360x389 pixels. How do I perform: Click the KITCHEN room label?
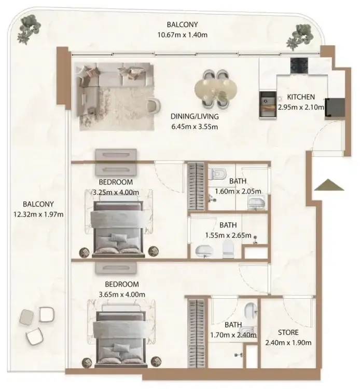[301, 97]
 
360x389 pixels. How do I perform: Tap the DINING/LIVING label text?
[195, 116]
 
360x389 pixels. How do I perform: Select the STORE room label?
[288, 332]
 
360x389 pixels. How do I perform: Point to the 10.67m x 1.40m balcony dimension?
[183, 35]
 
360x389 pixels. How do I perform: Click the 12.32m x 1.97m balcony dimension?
[38, 214]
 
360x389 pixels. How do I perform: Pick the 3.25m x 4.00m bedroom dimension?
[116, 192]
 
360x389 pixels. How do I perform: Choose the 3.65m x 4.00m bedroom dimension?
[122, 294]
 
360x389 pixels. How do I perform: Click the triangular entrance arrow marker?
[329, 185]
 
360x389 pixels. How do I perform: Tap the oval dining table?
[216, 89]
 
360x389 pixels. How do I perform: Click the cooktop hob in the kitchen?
[299, 65]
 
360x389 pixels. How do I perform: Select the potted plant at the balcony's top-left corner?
[29, 29]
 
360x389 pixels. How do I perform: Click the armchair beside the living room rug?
[154, 105]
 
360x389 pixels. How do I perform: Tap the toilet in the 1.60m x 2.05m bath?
[217, 173]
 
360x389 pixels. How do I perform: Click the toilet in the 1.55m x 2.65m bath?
[228, 248]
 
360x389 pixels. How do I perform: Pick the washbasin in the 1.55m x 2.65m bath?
[203, 251]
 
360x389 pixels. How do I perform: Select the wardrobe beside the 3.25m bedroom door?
[196, 186]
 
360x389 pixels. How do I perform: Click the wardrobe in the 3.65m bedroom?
[196, 333]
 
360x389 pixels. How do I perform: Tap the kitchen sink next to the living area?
[268, 104]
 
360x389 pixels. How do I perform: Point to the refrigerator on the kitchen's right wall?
[335, 107]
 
